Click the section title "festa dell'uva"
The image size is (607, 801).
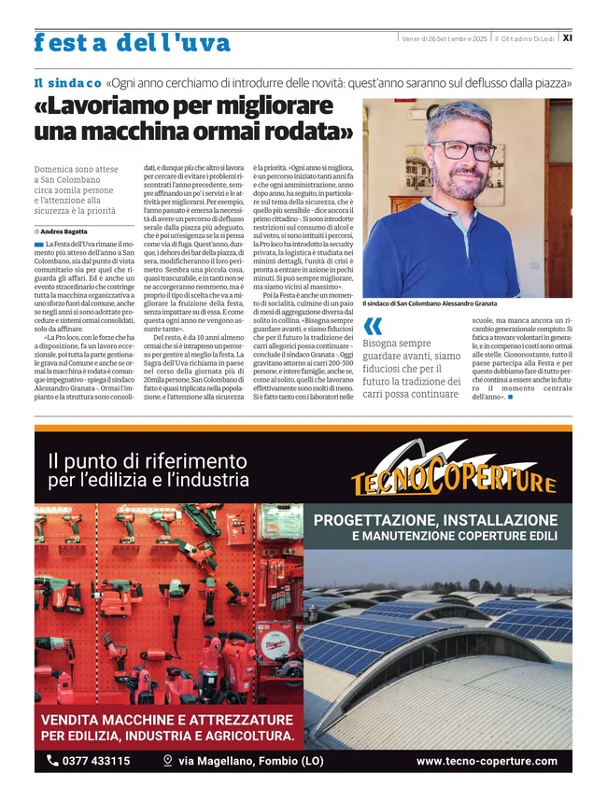pyautogui.click(x=131, y=42)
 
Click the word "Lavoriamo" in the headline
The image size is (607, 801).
pyautogui.click(x=119, y=105)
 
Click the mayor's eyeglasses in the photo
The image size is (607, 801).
pyautogui.click(x=461, y=150)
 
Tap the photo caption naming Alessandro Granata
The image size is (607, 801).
pyautogui.click(x=430, y=303)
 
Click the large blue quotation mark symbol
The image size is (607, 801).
pyautogui.click(x=373, y=326)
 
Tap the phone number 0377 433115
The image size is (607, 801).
pyautogui.click(x=96, y=761)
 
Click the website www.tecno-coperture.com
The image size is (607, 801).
pyautogui.click(x=487, y=761)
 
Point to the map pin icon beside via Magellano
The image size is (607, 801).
pyautogui.click(x=167, y=761)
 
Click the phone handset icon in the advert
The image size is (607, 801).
pyautogui.click(x=52, y=761)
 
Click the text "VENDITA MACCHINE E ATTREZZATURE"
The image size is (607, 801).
pyautogui.click(x=167, y=720)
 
